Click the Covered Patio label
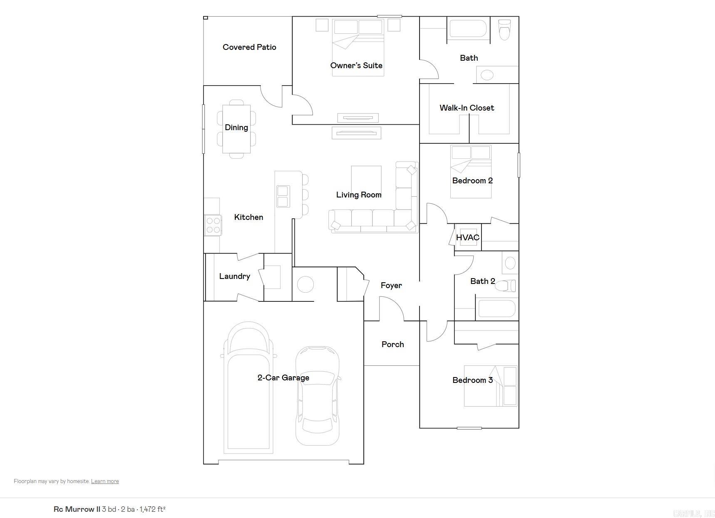249,47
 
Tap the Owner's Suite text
356,66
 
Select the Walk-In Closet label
467,108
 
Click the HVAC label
468,238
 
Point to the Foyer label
391,286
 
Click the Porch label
392,345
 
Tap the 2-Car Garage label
283,378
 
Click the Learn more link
105,481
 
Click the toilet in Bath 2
507,286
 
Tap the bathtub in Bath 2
497,309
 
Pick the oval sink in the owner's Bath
487,75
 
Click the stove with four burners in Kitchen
213,225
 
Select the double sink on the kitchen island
283,197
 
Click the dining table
236,129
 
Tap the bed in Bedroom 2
471,171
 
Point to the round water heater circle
305,285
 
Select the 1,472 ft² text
152,509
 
